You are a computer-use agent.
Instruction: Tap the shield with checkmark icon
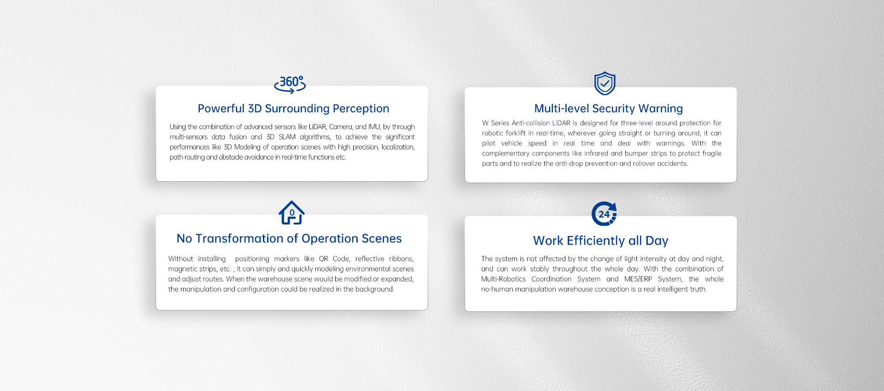tap(605, 83)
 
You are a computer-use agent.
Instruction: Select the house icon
tap(291, 213)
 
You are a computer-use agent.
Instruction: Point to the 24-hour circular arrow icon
tap(604, 214)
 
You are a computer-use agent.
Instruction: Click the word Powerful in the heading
tap(221, 109)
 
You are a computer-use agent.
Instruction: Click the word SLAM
tap(287, 137)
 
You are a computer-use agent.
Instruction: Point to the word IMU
tap(374, 127)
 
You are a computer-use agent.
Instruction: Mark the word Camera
tap(341, 127)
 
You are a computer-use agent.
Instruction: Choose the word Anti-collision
tap(531, 123)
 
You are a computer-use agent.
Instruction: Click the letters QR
tap(324, 259)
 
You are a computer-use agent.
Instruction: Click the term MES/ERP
tap(638, 279)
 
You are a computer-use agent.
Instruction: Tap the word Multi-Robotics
tap(503, 279)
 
